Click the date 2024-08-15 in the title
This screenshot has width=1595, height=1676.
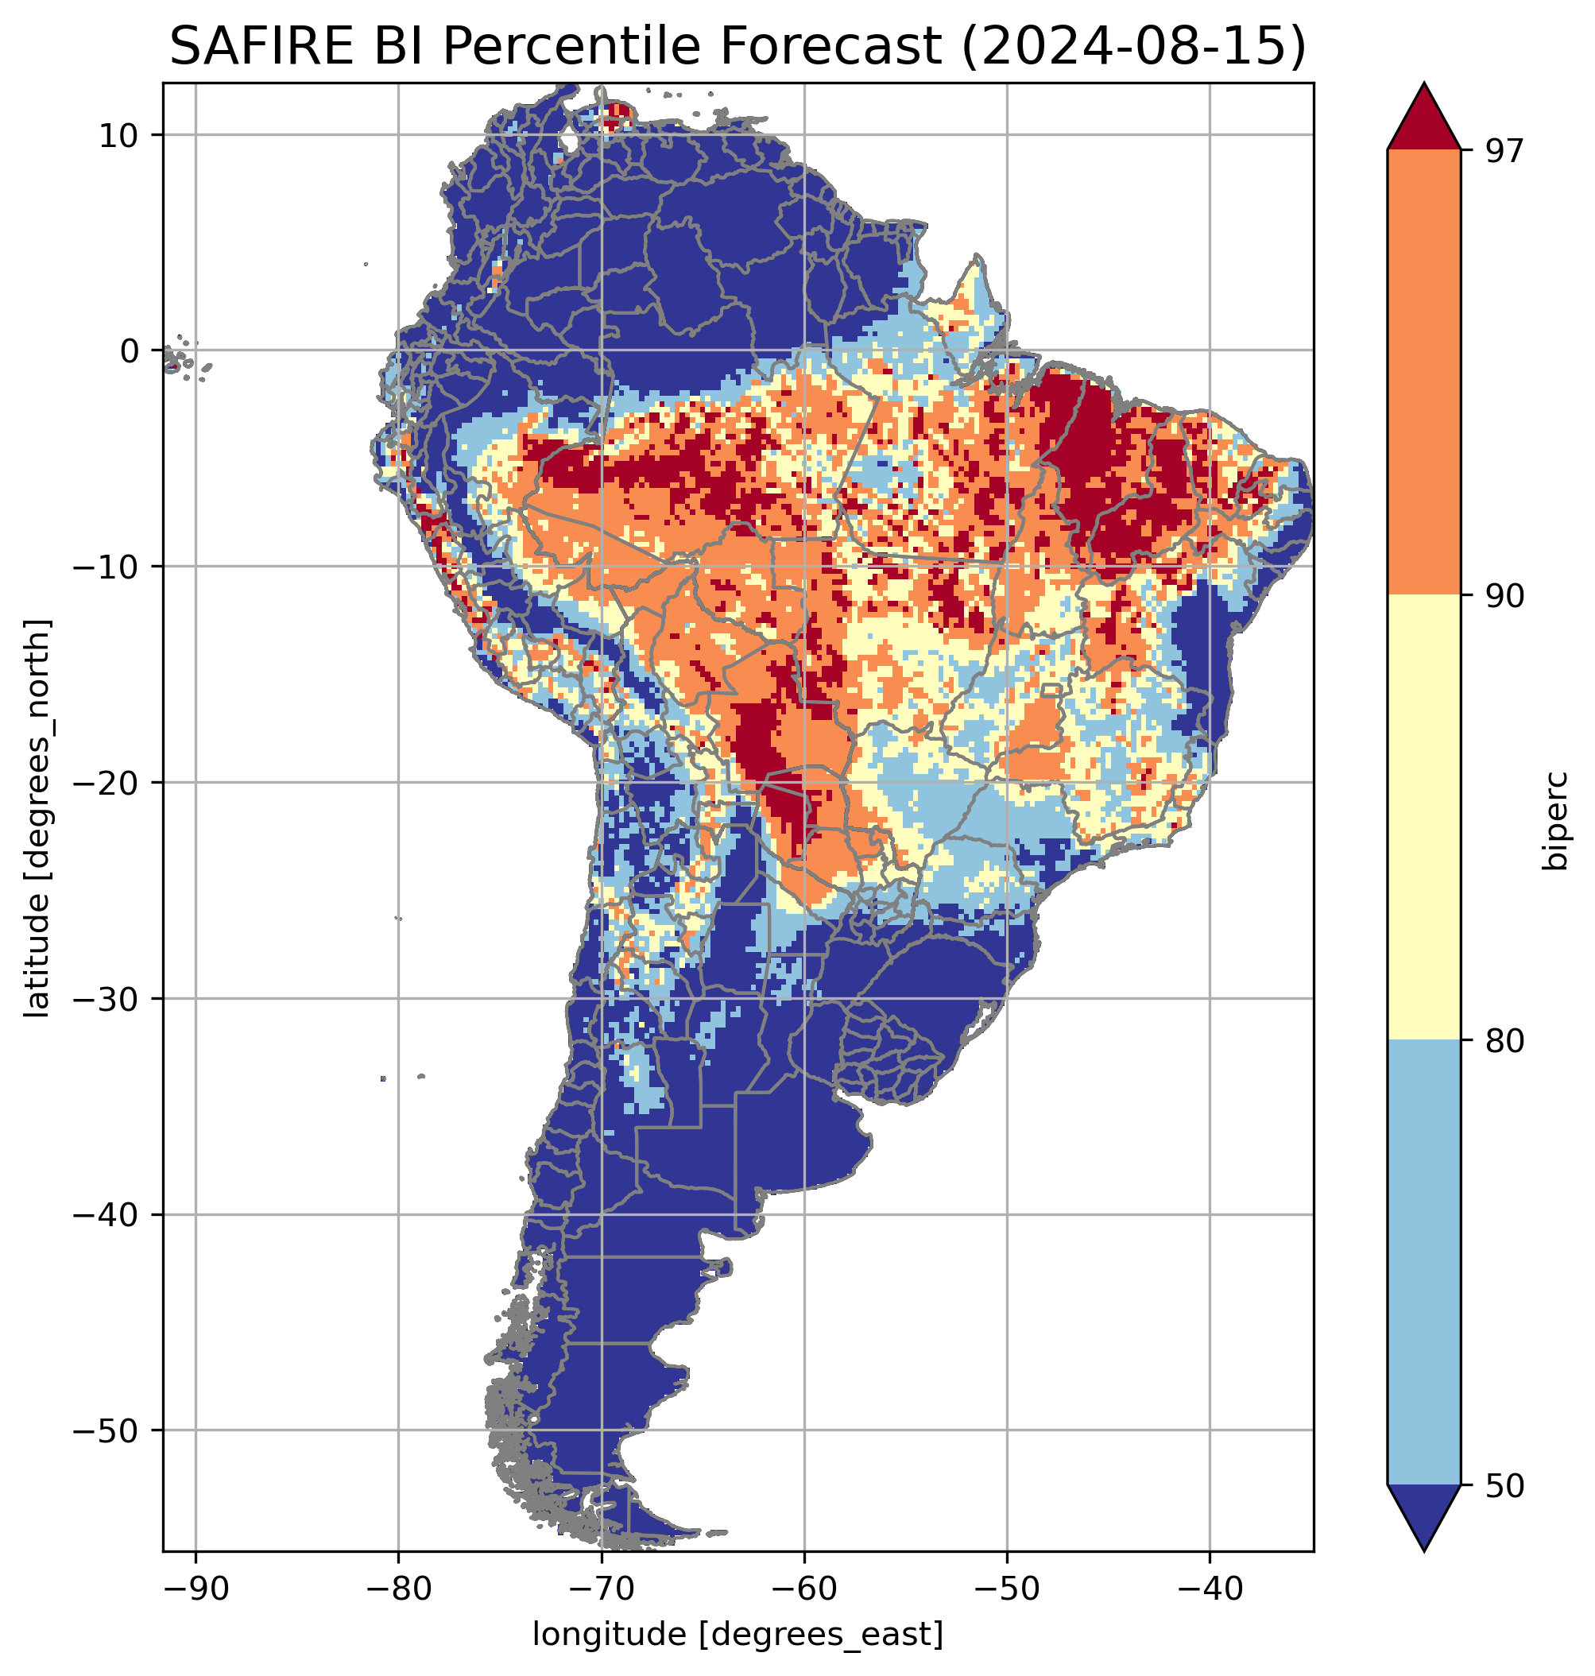coord(1133,46)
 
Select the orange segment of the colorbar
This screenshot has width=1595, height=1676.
coord(1423,373)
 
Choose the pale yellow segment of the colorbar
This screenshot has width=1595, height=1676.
coord(1423,818)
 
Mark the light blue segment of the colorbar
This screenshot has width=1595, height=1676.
coord(1423,1264)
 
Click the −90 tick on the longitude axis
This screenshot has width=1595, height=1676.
coord(196,1587)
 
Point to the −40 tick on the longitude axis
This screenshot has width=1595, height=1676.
coord(1210,1587)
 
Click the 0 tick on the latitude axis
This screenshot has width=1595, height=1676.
coord(130,350)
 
